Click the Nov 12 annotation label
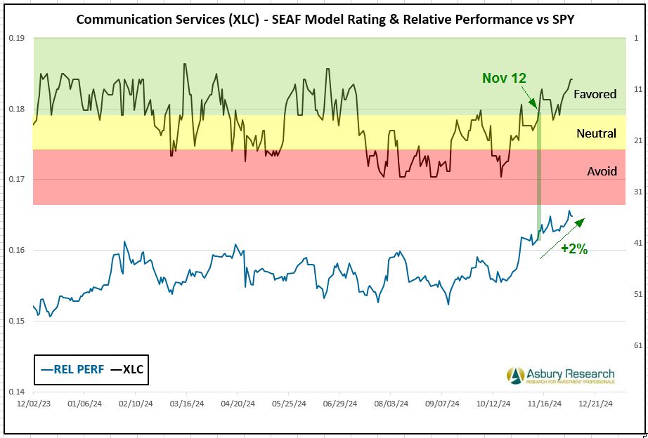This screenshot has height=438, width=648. coord(504,78)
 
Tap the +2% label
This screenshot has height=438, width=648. coord(574,248)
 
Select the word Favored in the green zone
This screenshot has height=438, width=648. coord(595,94)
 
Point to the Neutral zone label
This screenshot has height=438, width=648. coord(596,133)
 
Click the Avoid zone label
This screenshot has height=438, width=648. coord(602,171)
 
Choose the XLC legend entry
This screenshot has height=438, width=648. coord(127,369)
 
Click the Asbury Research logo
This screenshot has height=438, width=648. coord(560,376)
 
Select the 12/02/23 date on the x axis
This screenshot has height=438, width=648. coord(33,404)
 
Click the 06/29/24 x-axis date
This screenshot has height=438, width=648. coord(339,404)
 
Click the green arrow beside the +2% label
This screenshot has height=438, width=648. coord(562,239)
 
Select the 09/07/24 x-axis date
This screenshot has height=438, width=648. coord(442,404)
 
